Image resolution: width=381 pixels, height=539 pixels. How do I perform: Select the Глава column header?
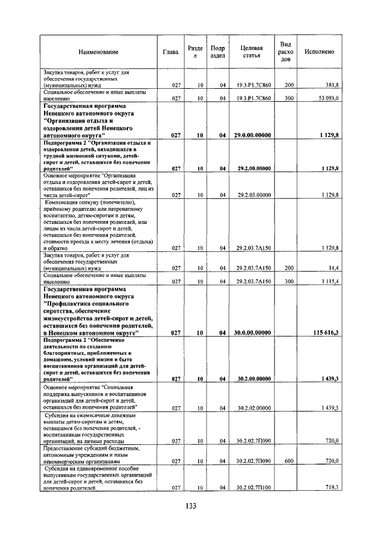[170, 52]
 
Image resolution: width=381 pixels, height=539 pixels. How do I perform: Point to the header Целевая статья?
[251, 52]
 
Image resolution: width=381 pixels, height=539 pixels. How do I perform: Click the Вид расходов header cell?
[285, 52]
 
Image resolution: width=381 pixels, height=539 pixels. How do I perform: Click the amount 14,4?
[332, 269]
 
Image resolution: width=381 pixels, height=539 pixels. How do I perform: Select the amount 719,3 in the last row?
[331, 488]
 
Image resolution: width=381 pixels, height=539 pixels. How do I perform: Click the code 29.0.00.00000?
[254, 135]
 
